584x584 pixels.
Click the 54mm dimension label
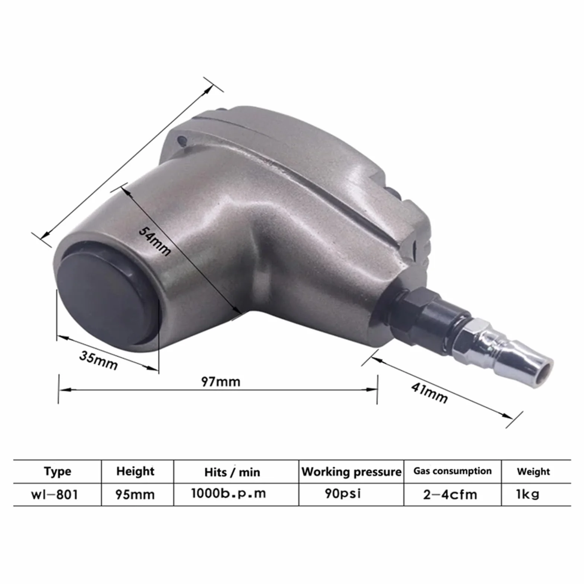(x=155, y=241)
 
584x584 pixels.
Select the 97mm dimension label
(x=220, y=381)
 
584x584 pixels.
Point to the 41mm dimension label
(x=429, y=393)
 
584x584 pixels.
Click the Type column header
(x=57, y=472)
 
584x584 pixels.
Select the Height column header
(x=135, y=472)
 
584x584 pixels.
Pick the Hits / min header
(x=232, y=472)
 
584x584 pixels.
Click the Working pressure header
(x=352, y=472)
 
